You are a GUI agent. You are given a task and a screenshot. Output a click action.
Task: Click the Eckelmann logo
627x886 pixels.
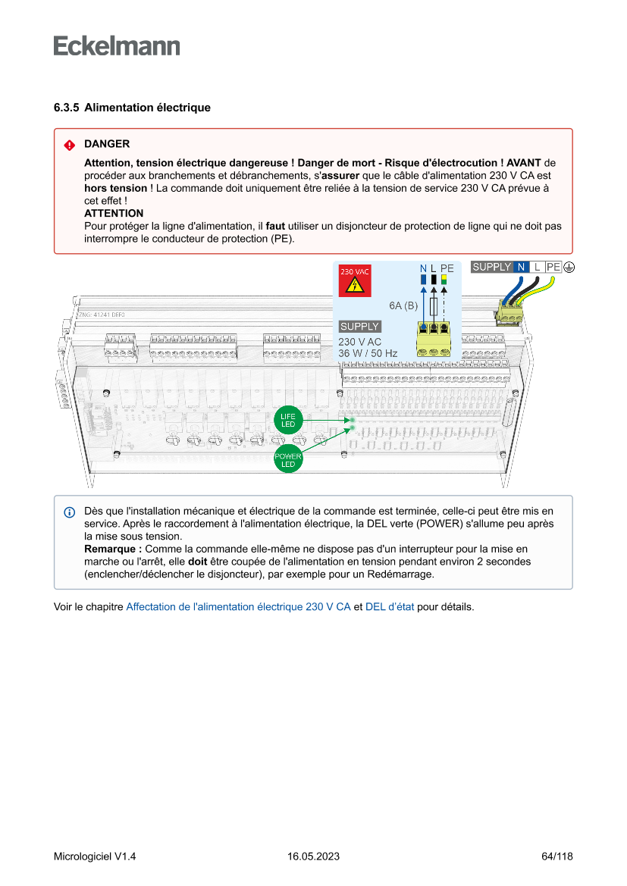click(x=117, y=45)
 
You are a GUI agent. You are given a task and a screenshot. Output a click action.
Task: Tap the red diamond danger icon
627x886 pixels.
click(x=69, y=145)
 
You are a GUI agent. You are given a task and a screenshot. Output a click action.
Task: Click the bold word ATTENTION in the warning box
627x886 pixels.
click(x=114, y=214)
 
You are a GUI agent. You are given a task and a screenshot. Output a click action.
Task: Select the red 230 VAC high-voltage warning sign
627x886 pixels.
click(x=355, y=281)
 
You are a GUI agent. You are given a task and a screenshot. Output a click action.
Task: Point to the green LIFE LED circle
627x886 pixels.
click(x=288, y=421)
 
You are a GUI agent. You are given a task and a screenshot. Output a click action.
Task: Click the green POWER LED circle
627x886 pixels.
click(x=288, y=460)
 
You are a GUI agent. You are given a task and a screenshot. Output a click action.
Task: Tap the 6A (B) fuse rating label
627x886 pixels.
click(x=403, y=305)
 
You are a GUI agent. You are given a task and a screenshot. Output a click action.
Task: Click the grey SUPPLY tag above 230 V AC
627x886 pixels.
click(x=359, y=327)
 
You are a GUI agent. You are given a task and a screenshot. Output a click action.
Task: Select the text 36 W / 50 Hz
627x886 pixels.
click(x=368, y=353)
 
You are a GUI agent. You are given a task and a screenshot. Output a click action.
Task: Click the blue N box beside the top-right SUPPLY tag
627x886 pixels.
click(x=521, y=267)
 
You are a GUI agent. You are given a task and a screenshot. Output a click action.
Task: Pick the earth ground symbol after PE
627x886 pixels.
click(x=569, y=267)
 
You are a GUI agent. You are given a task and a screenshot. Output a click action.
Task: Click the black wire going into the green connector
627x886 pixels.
click(x=528, y=290)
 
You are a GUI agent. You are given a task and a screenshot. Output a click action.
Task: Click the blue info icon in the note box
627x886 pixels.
click(x=69, y=512)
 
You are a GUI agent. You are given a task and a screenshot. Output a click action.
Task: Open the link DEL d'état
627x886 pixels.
click(x=390, y=606)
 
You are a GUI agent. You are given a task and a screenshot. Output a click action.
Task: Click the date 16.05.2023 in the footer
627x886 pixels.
click(x=313, y=856)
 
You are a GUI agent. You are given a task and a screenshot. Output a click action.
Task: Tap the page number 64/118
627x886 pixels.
click(x=557, y=856)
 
